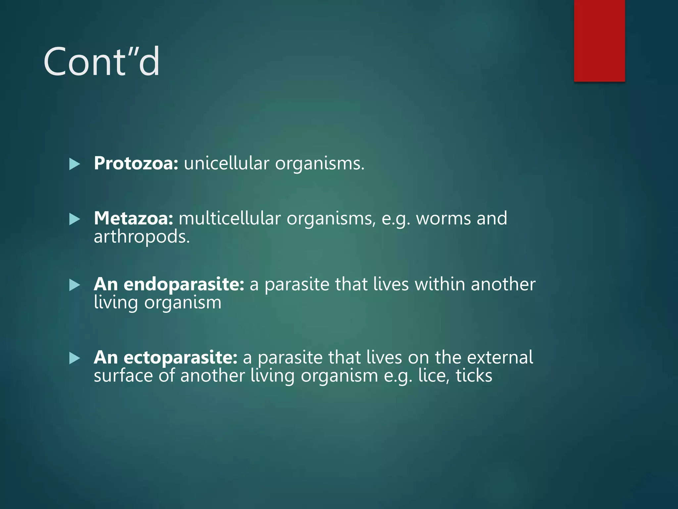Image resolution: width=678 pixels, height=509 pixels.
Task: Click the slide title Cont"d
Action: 101,62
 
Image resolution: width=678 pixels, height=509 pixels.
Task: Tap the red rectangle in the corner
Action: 599,40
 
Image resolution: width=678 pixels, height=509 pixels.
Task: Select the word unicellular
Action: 226,163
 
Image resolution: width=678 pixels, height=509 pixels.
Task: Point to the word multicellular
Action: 229,218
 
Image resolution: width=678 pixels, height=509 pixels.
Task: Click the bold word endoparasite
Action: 184,284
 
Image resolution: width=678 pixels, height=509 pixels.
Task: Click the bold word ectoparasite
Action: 180,358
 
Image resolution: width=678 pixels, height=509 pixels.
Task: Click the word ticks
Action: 474,376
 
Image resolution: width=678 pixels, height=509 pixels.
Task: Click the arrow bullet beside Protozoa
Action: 74,164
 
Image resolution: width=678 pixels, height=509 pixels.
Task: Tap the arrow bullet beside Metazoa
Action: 74,219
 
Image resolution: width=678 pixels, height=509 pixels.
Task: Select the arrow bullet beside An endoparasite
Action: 74,285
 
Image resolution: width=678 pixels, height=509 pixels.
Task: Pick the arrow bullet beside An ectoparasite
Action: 74,358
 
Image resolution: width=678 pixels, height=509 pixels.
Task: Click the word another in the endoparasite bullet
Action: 503,284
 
